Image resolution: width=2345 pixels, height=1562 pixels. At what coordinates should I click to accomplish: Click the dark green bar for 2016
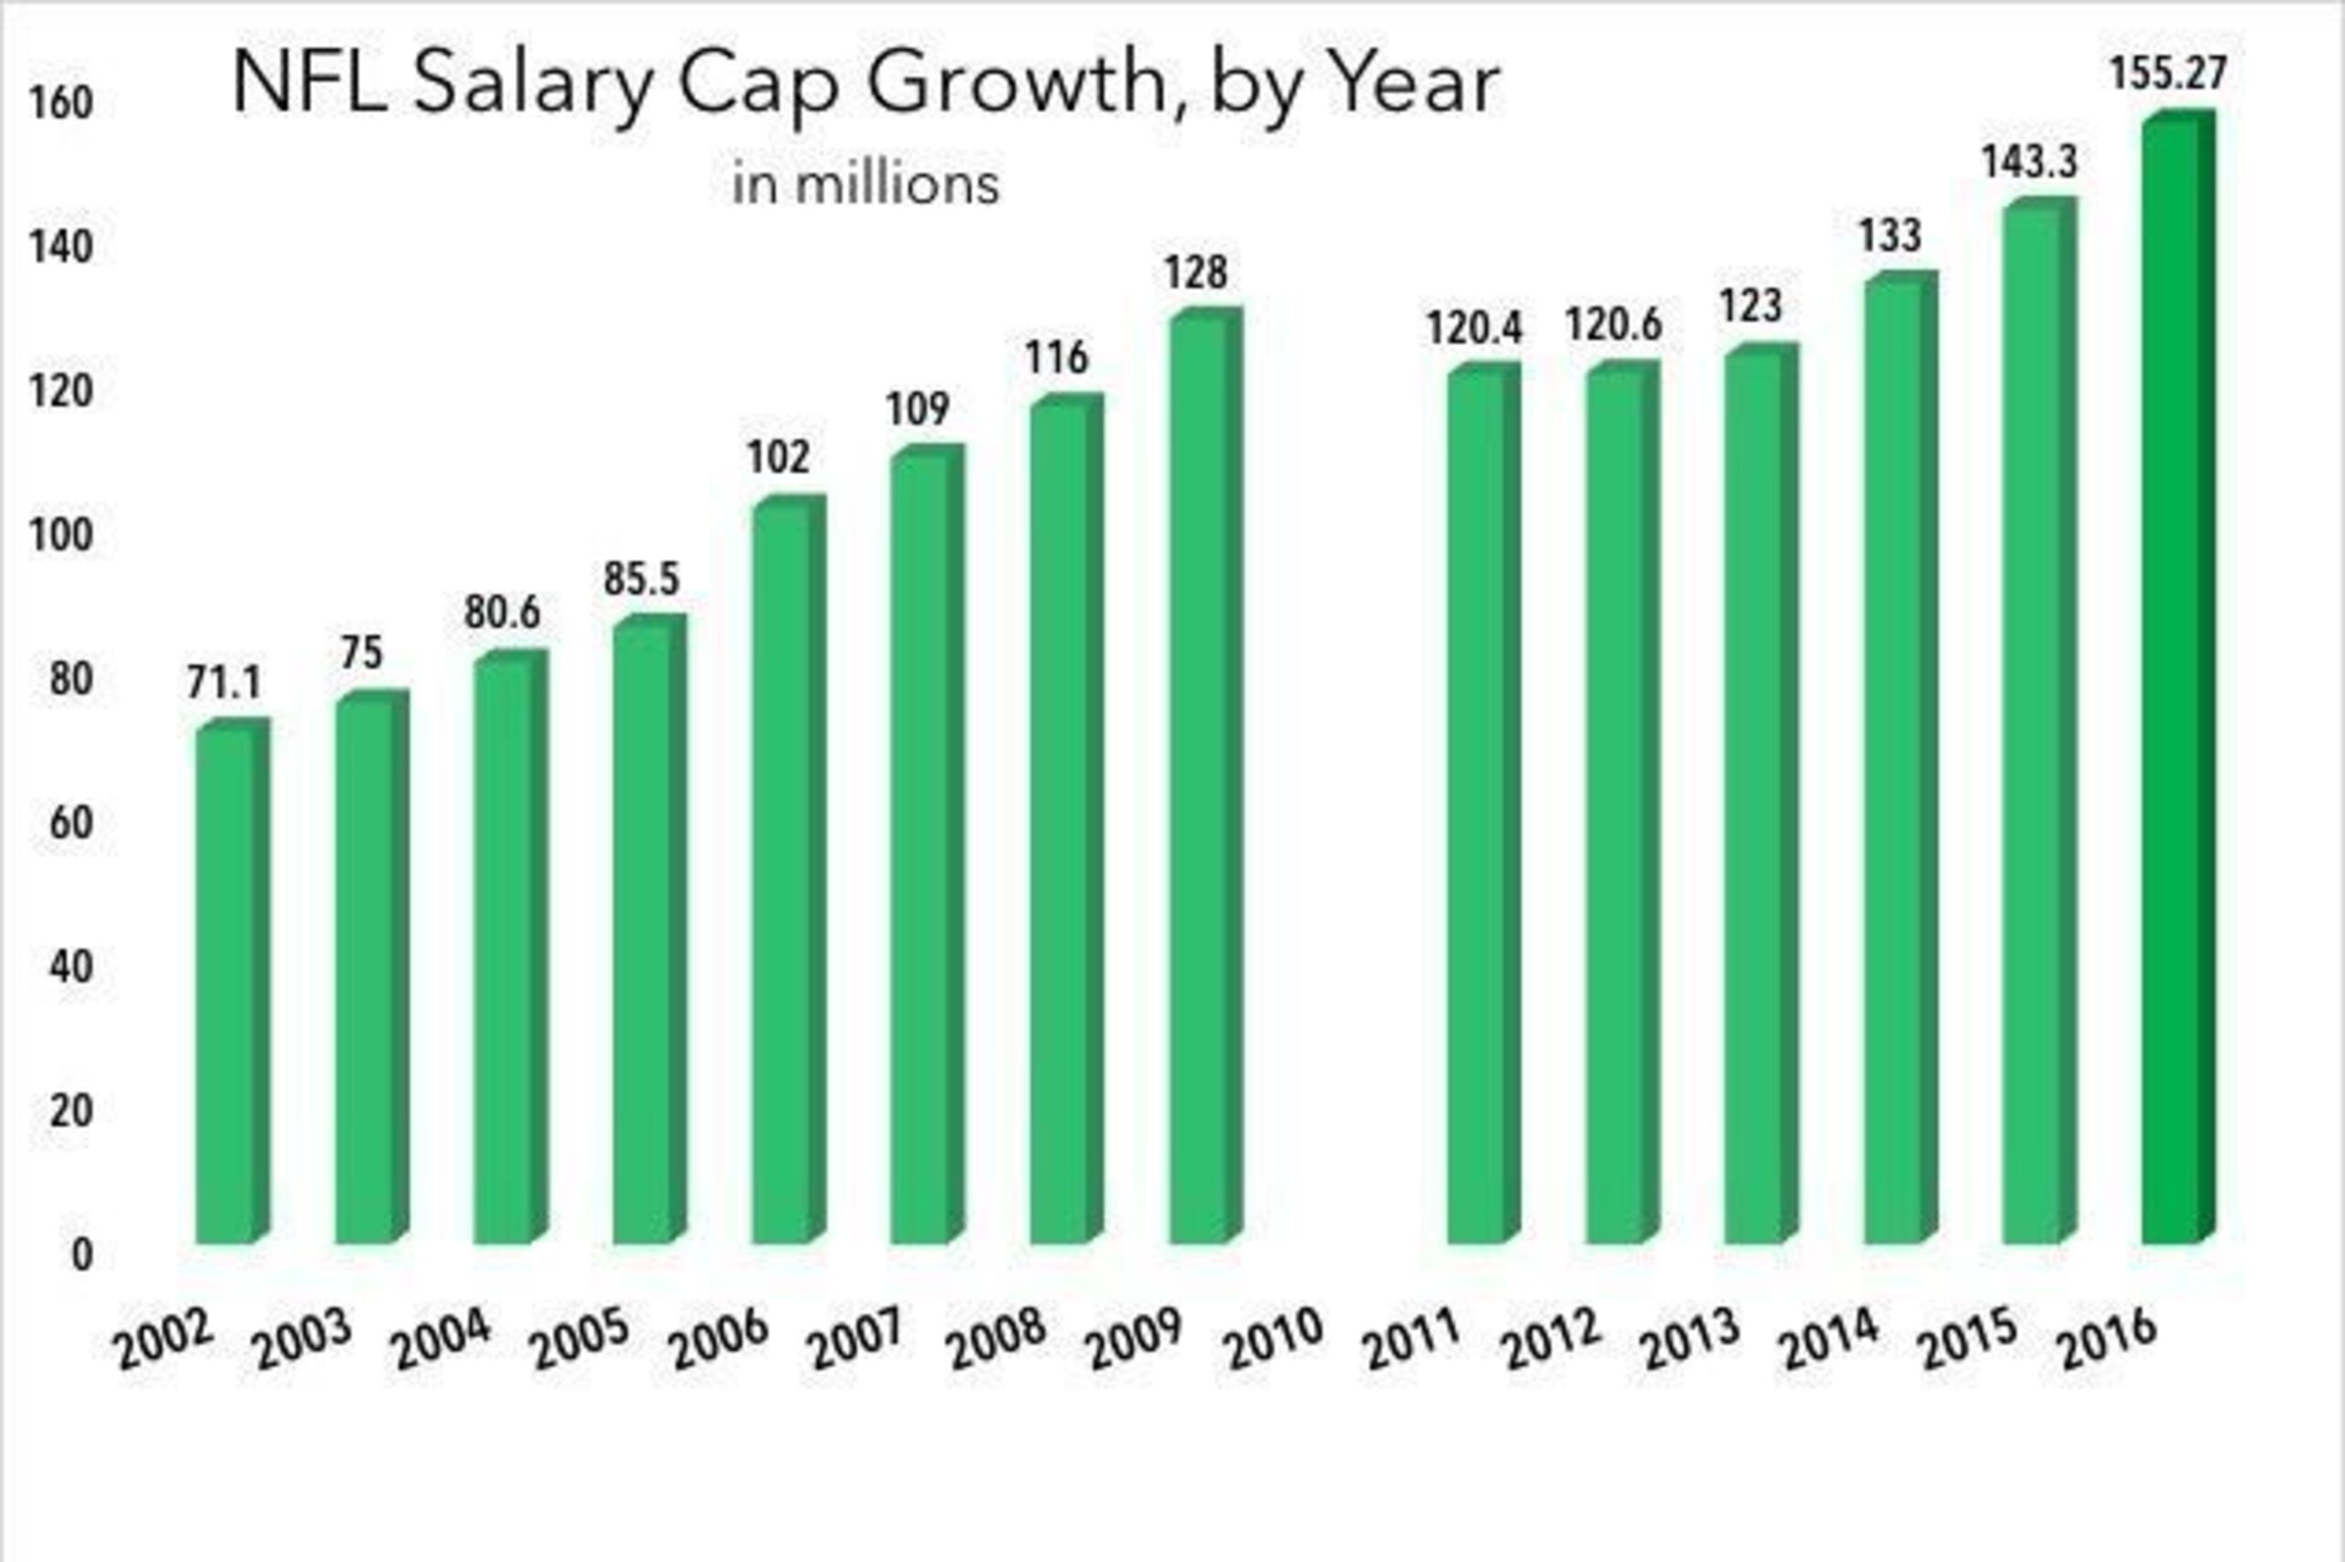(x=2178, y=677)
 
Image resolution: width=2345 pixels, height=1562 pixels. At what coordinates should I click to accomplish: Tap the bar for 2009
(x=1205, y=776)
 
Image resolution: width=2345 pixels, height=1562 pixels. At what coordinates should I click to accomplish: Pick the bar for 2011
(x=1484, y=803)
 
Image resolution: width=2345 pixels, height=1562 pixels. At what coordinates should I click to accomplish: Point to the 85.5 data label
(x=641, y=579)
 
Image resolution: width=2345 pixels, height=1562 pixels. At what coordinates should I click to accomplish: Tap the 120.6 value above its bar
(x=1613, y=324)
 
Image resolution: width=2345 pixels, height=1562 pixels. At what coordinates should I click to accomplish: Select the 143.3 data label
(x=2029, y=161)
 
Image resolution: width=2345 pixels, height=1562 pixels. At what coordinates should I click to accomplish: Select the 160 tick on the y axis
(x=60, y=104)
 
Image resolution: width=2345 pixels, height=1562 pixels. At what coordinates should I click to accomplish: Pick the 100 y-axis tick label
(x=60, y=536)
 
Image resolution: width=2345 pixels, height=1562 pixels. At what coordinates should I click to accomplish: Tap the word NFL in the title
(x=310, y=83)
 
